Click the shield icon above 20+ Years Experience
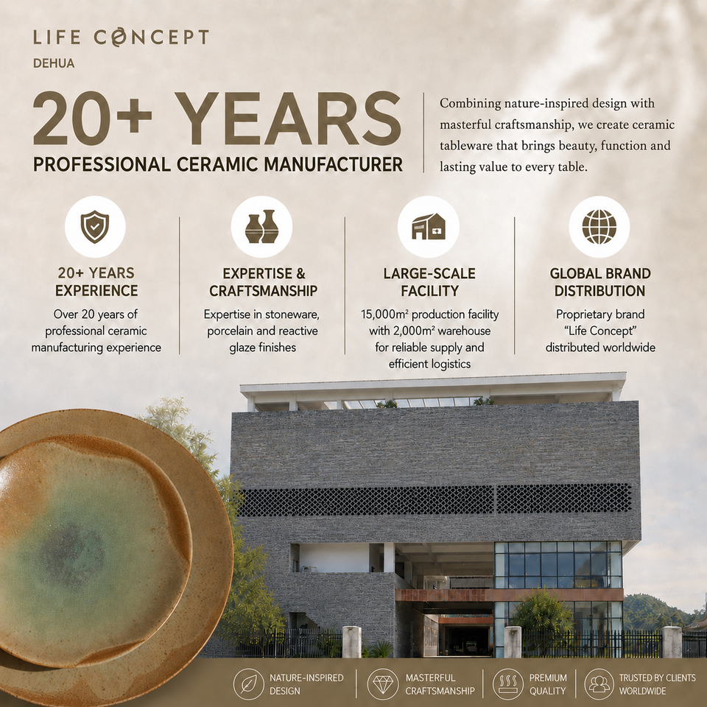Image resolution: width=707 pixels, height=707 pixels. tap(95, 226)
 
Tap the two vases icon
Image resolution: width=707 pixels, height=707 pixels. tap(261, 226)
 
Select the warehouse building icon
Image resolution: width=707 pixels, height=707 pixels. tap(429, 226)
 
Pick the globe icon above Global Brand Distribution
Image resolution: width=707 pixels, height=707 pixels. tap(599, 226)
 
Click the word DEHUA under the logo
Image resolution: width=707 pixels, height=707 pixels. tap(54, 63)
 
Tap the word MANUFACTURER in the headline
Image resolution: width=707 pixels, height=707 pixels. tap(333, 164)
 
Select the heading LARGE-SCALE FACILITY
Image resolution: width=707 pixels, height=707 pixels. tap(429, 282)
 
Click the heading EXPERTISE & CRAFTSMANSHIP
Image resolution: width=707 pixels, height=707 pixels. tap(264, 282)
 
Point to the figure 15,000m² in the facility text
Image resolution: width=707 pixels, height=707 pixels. tap(384, 314)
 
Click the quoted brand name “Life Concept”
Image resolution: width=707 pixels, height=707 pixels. tap(600, 331)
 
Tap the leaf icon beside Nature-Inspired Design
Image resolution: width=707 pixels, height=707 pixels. tap(248, 684)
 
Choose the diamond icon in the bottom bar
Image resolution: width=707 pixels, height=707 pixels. tap(383, 684)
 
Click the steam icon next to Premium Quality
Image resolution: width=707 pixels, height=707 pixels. tap(507, 684)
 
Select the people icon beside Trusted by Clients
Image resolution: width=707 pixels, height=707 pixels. tap(599, 684)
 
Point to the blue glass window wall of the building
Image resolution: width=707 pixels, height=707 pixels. tap(558, 565)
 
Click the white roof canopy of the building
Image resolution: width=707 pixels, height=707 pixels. tap(433, 388)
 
